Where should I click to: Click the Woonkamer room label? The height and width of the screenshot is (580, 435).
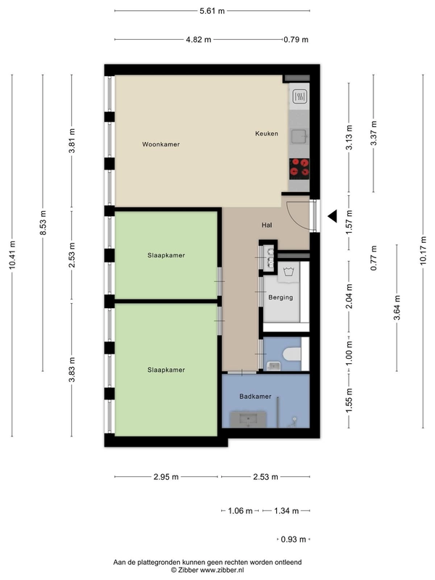tap(161, 144)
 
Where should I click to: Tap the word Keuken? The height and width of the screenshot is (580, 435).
tap(267, 133)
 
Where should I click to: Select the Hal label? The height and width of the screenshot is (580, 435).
tap(267, 225)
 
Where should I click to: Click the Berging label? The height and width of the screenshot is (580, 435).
tap(281, 297)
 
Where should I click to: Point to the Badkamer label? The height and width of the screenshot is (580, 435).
tap(255, 396)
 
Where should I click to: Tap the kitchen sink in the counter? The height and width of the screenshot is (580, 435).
tap(299, 136)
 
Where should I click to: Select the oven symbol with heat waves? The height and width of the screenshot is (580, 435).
tap(299, 97)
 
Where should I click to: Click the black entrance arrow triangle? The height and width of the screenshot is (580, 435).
tap(332, 216)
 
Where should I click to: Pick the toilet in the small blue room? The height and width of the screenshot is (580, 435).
tap(292, 354)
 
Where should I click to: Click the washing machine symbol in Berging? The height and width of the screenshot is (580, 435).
tap(289, 273)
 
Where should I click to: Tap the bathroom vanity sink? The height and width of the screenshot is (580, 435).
tap(248, 420)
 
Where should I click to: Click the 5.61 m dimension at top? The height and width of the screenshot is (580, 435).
tap(212, 11)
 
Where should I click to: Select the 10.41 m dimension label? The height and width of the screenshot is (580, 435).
tap(12, 255)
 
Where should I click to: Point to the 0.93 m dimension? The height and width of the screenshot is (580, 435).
tap(294, 539)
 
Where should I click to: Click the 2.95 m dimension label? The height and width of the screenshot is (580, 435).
tap(166, 477)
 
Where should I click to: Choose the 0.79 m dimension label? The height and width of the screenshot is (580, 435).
tap(296, 40)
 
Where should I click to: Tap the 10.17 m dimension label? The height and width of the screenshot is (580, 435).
tap(423, 250)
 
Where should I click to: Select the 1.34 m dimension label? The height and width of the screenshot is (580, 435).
tap(286, 511)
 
